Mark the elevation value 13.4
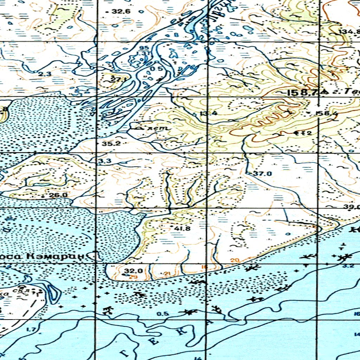tap(208, 113)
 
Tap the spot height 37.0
tap(262, 173)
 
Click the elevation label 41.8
tap(182, 229)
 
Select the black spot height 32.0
tap(133, 271)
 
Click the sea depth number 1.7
tap(31, 329)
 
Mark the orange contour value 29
tap(133, 277)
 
